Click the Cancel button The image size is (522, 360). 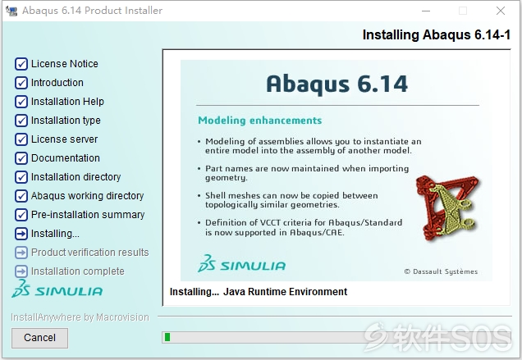click(39, 338)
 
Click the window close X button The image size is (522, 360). click(501, 11)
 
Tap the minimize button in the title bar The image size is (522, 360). click(426, 11)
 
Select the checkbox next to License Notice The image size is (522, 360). click(21, 63)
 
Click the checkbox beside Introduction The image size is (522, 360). click(21, 83)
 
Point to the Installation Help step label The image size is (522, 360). click(67, 102)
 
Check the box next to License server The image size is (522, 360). click(21, 139)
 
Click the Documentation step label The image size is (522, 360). click(66, 158)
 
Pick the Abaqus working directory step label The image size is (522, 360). click(88, 196)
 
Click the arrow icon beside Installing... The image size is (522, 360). click(21, 234)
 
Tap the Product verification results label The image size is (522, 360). click(90, 253)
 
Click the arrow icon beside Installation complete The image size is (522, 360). click(21, 271)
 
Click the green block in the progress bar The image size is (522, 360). click(167, 337)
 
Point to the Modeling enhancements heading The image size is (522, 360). click(260, 120)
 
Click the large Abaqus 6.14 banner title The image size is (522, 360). click(337, 84)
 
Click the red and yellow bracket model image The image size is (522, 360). click(448, 207)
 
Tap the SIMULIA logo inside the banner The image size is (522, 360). click(241, 263)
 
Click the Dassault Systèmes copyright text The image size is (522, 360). click(441, 271)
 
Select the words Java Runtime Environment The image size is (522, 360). click(286, 292)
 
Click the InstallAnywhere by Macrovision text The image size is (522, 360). click(80, 317)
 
